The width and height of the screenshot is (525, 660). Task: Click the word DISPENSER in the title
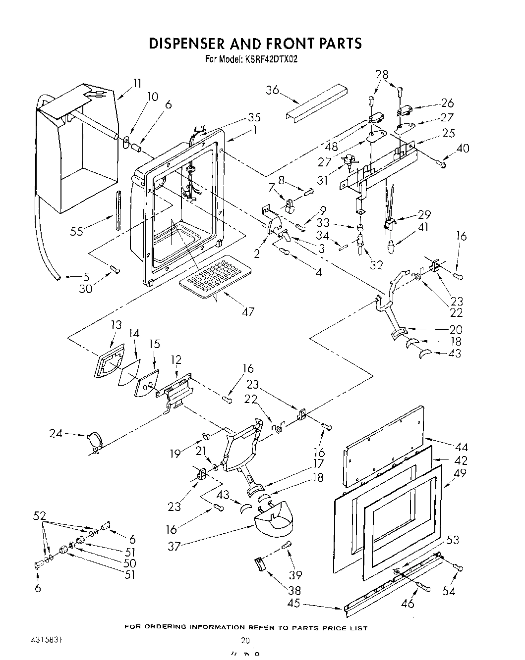coord(187,43)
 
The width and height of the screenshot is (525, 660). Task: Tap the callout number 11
coord(137,83)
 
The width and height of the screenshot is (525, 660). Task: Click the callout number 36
coord(272,90)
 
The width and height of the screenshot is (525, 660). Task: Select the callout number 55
coord(76,231)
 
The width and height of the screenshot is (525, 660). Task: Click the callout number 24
coord(56,434)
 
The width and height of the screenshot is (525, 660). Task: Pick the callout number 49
coord(460,473)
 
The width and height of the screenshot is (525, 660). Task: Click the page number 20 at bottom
coord(244,640)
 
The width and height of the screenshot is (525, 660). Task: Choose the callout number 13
coord(116,325)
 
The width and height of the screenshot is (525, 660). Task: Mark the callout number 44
coord(461,448)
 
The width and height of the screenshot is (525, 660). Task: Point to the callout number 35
coord(254,117)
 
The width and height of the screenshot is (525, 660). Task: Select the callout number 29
coord(424,215)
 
